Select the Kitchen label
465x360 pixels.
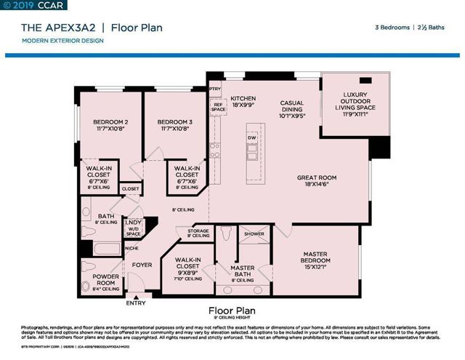243,100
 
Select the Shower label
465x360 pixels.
254,233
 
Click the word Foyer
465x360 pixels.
142,265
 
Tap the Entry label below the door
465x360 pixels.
136,303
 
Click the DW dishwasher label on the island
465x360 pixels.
251,137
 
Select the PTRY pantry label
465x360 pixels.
214,89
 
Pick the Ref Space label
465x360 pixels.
217,106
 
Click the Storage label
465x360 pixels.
198,232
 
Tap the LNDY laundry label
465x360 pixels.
134,223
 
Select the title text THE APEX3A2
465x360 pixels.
55,28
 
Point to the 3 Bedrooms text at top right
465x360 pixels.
392,28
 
